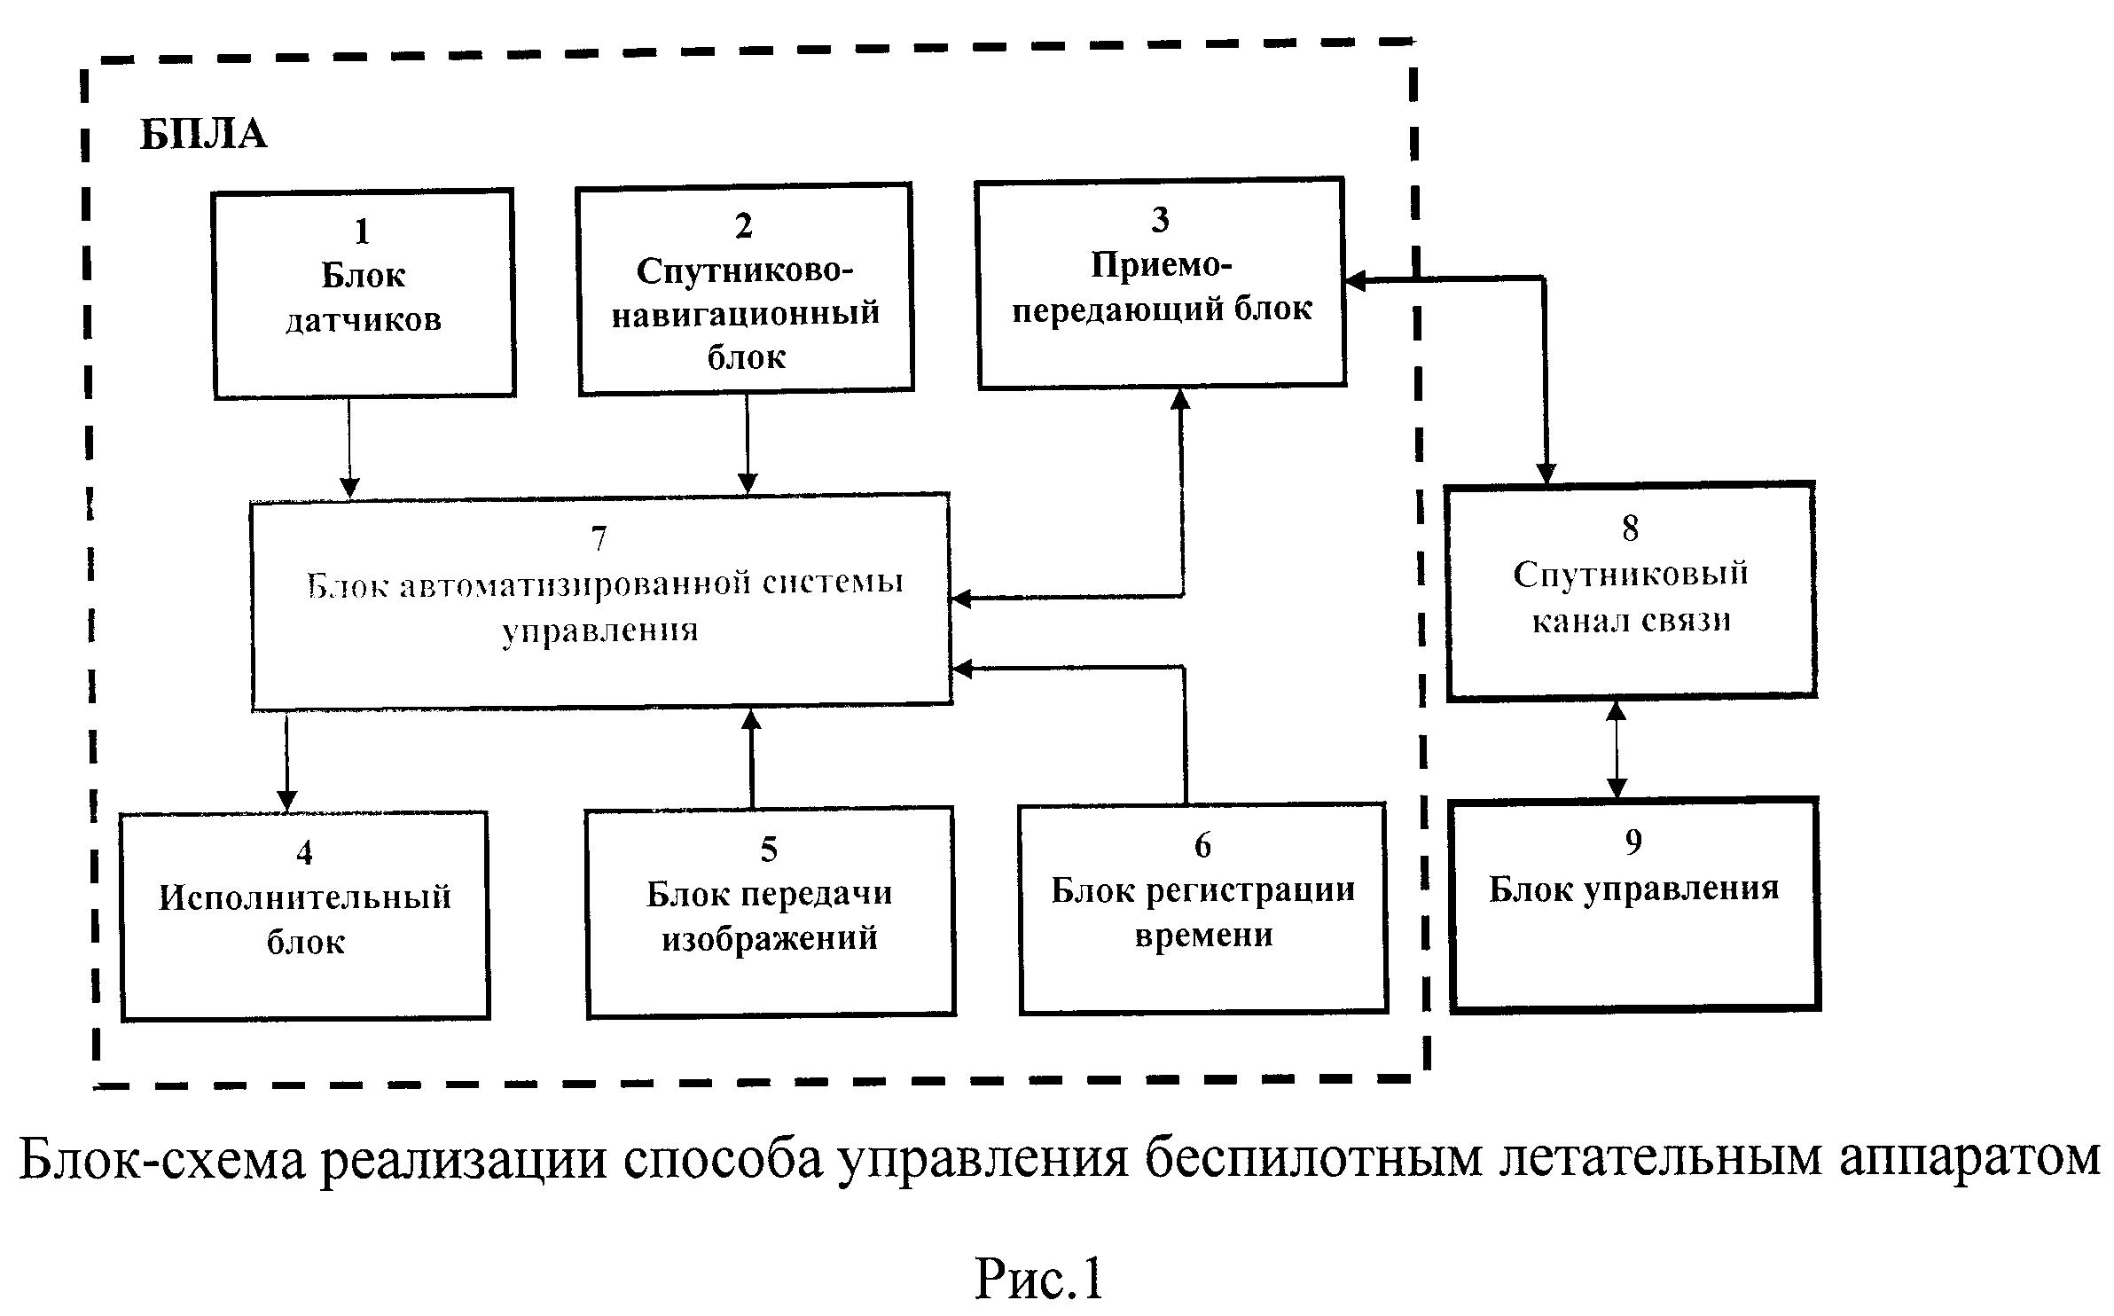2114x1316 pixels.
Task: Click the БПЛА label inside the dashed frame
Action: coord(203,136)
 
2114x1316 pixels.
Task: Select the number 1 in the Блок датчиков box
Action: coord(362,232)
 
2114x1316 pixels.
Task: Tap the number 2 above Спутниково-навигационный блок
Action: coord(744,226)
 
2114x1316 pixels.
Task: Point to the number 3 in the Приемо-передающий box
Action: coord(1160,220)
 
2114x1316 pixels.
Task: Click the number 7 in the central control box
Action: coord(599,538)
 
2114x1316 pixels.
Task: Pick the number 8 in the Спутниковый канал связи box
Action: coord(1630,529)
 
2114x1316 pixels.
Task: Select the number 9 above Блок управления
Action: coord(1633,842)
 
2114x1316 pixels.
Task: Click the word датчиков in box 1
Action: coord(364,320)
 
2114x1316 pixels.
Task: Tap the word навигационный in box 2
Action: coord(745,313)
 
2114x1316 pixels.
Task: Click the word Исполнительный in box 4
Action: coord(305,897)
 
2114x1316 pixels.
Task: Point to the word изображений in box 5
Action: coord(770,938)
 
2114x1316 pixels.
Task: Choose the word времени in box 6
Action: coord(1203,936)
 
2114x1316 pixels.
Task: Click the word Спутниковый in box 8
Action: coord(1630,574)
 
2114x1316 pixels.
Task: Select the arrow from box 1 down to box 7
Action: coord(349,448)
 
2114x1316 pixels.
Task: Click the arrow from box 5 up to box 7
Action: coord(752,758)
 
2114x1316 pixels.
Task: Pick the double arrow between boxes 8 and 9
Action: coord(1617,748)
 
